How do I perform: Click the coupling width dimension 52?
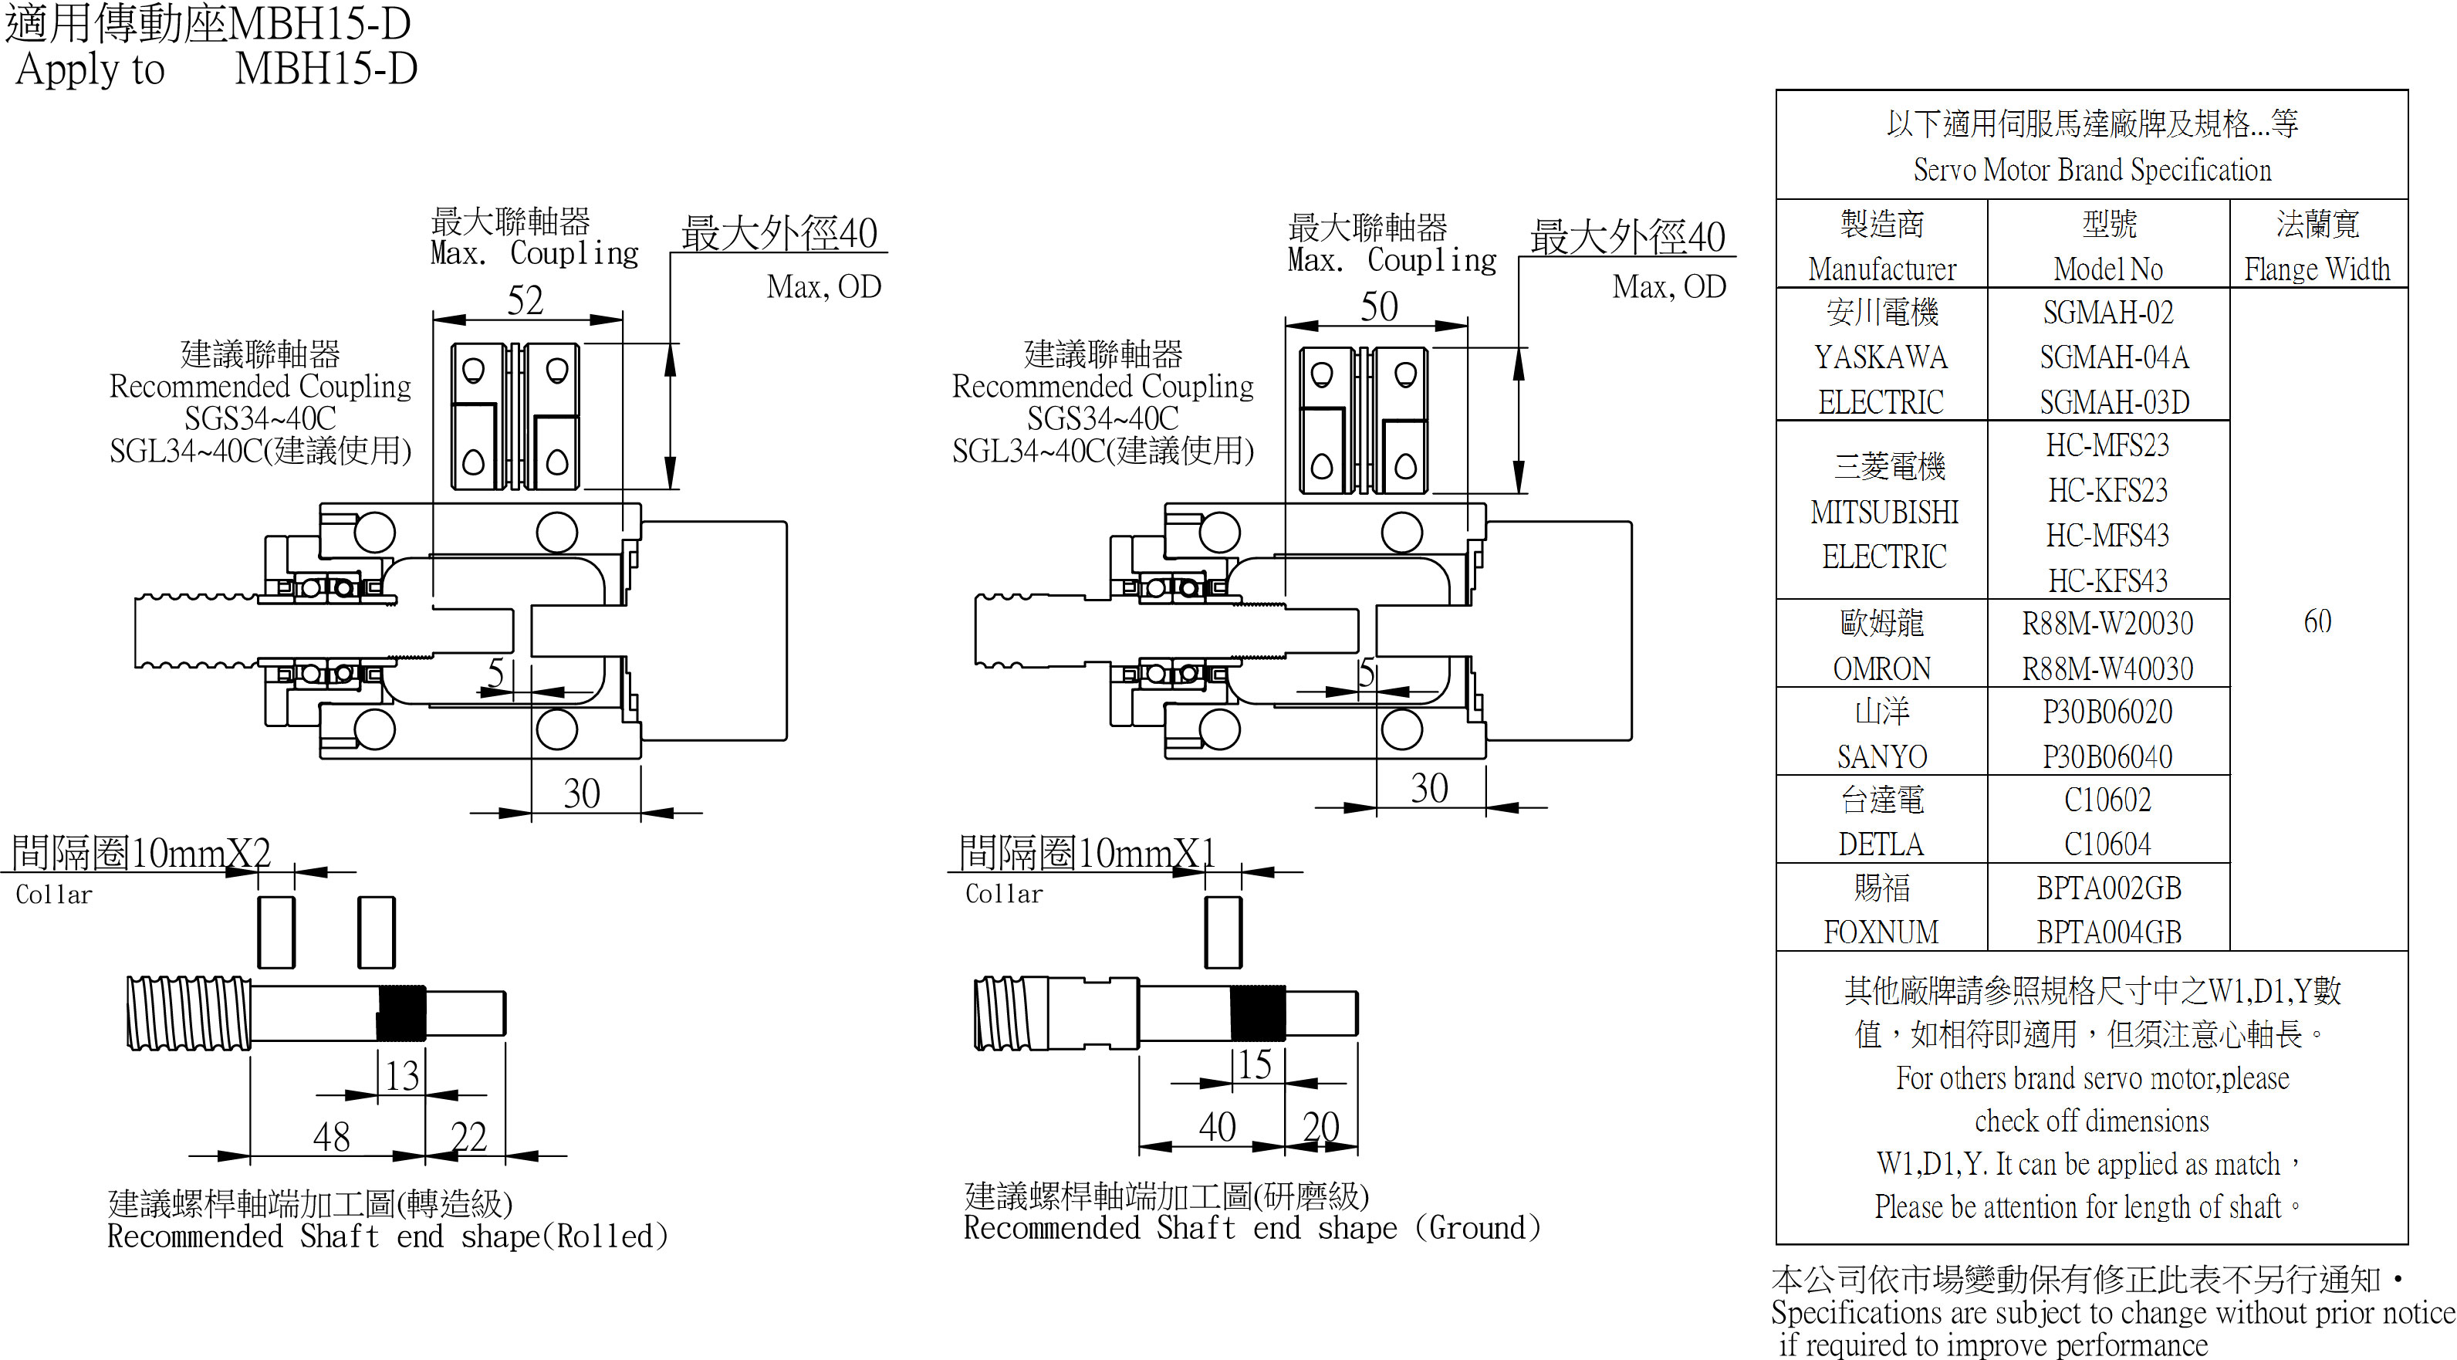tap(526, 300)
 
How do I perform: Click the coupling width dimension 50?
tap(1378, 306)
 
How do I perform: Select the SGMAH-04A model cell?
tap(2114, 357)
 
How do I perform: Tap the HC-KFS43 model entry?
tap(2108, 580)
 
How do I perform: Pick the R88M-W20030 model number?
tap(2108, 624)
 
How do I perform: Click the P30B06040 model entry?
tap(2108, 757)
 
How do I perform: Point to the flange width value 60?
tap(2318, 622)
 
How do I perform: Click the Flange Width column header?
tap(2318, 269)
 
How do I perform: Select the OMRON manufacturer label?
tap(1882, 668)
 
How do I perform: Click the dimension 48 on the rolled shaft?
tap(331, 1136)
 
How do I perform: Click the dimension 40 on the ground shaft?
tap(1217, 1128)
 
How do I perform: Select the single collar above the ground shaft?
tap(1223, 932)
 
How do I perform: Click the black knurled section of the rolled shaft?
tap(401, 1013)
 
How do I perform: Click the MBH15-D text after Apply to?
tap(326, 69)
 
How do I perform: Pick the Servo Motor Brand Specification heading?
tap(2092, 170)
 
